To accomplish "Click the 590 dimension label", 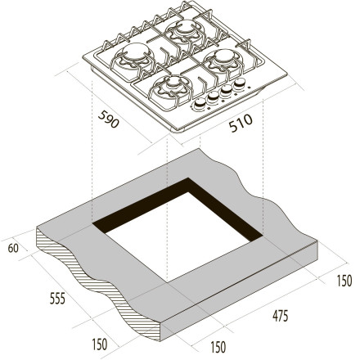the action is [x=108, y=119].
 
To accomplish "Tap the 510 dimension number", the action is [x=241, y=124].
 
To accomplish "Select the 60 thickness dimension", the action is [x=13, y=248].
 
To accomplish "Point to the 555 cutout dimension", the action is [x=57, y=298].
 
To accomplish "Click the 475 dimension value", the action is [x=280, y=316].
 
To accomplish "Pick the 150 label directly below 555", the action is [x=100, y=344].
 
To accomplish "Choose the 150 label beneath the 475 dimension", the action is [x=218, y=347].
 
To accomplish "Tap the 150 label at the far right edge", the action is [x=344, y=281].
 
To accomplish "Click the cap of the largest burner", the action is [x=136, y=52].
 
